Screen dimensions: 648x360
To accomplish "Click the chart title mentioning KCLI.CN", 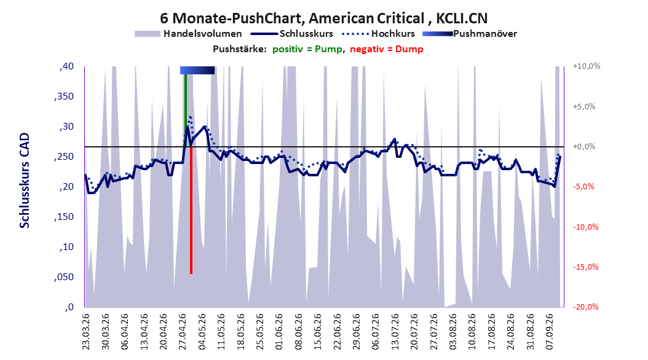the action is point(323,18).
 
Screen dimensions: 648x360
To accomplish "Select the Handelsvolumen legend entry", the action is point(189,34).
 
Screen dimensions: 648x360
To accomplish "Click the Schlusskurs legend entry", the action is point(292,34).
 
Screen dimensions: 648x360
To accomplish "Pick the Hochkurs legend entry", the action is point(379,34).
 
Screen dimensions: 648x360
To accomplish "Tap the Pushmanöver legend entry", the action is point(470,34).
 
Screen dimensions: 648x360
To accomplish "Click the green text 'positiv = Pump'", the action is point(307,49).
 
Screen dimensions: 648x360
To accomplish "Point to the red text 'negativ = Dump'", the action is point(387,49).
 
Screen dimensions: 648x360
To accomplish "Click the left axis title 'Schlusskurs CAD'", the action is point(25,181).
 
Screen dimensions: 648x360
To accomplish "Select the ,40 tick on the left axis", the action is point(66,66).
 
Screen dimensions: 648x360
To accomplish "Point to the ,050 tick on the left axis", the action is point(64,277).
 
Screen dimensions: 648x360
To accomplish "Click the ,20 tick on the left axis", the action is point(66,187).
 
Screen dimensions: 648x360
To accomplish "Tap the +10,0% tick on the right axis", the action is point(587,66).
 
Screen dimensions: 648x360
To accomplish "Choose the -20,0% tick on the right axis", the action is point(585,307).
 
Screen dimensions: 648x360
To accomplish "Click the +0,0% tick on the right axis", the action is point(584,147).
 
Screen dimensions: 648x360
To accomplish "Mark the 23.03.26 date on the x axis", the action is point(85,332).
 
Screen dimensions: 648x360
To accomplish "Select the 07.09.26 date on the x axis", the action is point(550,332).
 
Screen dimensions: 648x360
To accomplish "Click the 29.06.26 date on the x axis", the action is point(356,332).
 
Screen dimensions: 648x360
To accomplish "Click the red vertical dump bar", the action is point(191,209).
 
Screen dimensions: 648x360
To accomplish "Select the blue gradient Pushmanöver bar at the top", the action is point(197,70).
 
